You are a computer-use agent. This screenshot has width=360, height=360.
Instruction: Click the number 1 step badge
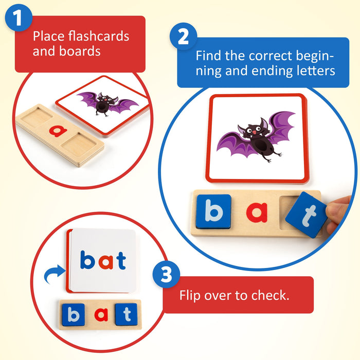pos(18,17)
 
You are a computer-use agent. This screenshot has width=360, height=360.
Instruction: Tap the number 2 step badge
pos(183,37)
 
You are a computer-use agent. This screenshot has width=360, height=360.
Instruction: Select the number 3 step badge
pos(166,274)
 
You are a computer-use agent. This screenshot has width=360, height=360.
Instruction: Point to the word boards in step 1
pos(80,51)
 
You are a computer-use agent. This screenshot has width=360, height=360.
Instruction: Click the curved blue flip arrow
pos(53,273)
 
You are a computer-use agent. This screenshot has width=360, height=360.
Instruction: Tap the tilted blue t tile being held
pos(307,214)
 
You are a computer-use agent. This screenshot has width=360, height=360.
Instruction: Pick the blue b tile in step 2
pos(213,211)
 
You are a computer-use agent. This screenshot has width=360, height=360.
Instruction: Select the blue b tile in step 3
pos(74,315)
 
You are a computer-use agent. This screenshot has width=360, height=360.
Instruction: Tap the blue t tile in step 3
pos(127,314)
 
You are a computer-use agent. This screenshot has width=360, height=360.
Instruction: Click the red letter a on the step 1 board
pos(58,131)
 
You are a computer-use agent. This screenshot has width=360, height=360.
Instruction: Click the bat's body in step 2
pos(261,145)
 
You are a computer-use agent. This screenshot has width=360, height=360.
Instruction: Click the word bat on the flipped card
pos(103,260)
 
